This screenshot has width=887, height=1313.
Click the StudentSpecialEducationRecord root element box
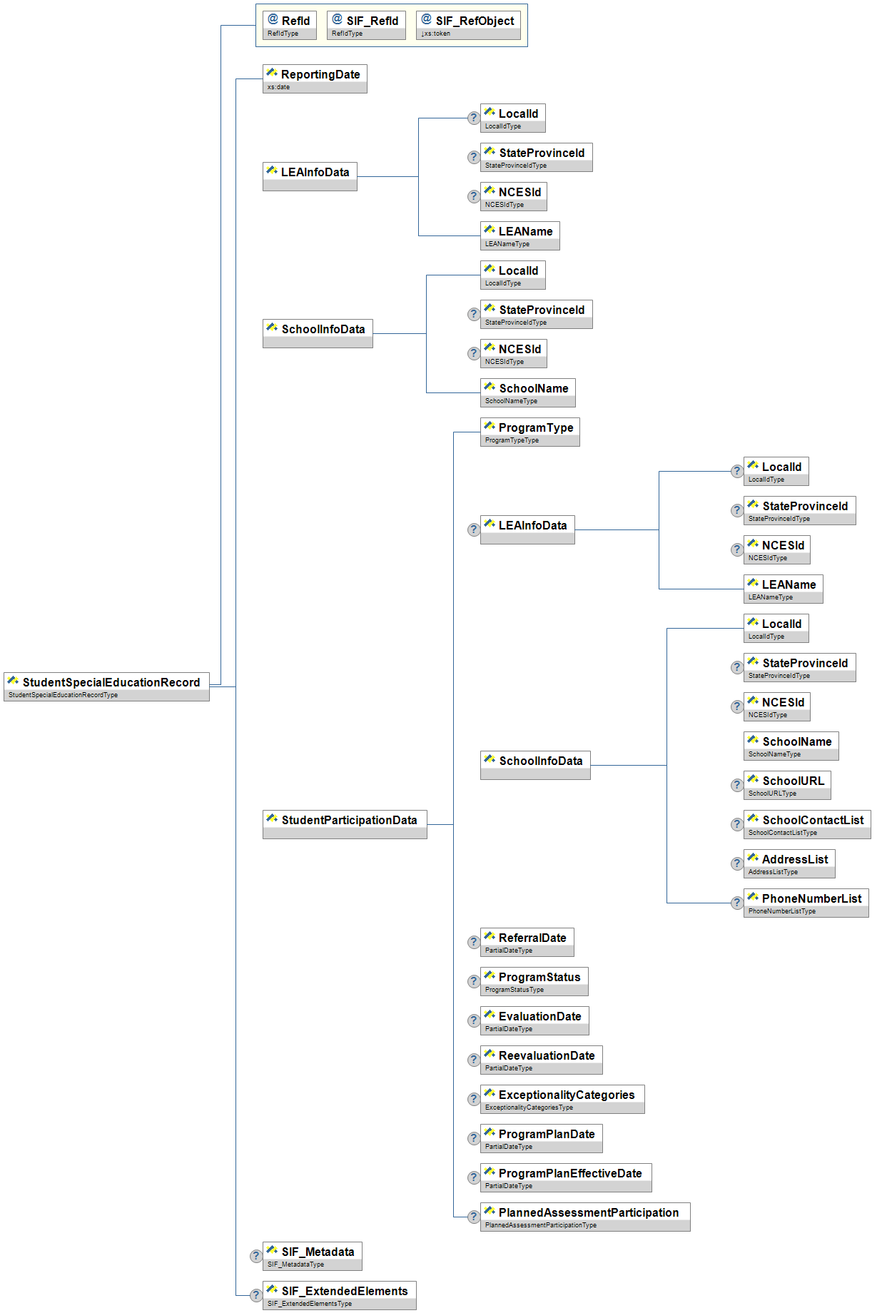click(106, 686)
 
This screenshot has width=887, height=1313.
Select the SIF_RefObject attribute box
click(468, 25)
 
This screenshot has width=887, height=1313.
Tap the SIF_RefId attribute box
click(366, 25)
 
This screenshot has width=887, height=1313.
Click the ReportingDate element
click(315, 78)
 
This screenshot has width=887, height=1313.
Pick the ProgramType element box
click(529, 432)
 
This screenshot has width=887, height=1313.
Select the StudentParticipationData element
click(345, 824)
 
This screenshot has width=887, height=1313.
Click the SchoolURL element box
click(787, 785)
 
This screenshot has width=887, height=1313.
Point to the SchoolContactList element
click(806, 824)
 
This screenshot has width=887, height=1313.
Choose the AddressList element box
click(789, 863)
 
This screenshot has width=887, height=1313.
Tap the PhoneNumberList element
click(806, 903)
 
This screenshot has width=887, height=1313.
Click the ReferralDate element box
click(527, 942)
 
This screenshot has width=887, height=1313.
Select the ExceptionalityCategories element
click(562, 1099)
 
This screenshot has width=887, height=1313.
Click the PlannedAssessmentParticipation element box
click(585, 1217)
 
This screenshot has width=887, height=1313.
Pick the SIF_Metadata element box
click(312, 1256)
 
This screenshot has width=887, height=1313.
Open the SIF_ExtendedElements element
click(339, 1295)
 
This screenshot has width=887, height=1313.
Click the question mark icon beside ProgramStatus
click(473, 981)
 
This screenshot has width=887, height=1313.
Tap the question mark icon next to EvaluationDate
click(473, 1020)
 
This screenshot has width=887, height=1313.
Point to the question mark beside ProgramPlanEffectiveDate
click(473, 1177)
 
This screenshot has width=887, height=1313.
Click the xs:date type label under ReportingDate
click(279, 87)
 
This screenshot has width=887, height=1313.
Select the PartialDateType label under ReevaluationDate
click(509, 1068)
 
